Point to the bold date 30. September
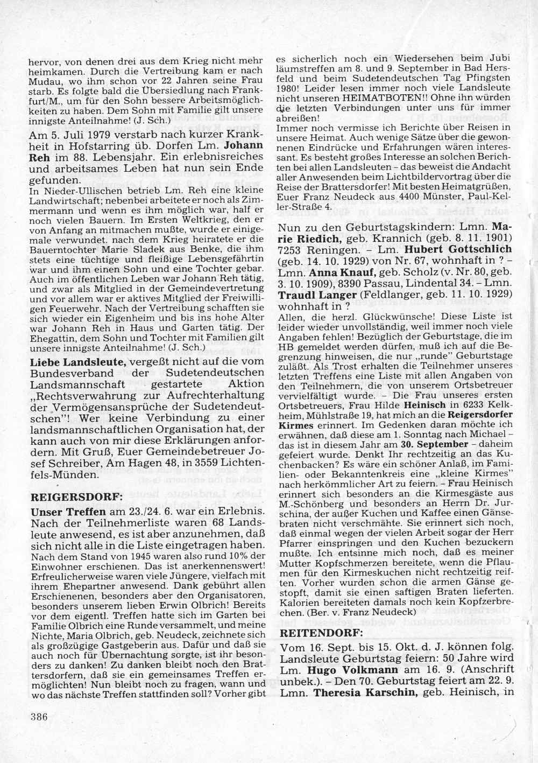coord(434,445)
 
